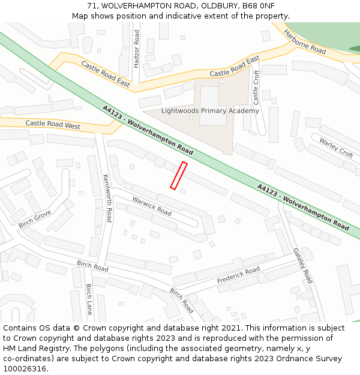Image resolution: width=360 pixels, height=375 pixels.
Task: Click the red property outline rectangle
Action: click(179, 176)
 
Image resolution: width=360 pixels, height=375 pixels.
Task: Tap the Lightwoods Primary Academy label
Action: click(210, 111)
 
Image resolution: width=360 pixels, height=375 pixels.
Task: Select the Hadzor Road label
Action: click(136, 48)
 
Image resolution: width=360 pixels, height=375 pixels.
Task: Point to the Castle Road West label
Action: click(53, 125)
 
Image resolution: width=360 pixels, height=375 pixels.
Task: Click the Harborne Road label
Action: click(304, 41)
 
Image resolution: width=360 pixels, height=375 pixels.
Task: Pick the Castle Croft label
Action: click(256, 86)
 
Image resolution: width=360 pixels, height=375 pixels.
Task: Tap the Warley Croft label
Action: click(336, 147)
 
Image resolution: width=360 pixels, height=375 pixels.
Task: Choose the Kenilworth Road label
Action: click(107, 198)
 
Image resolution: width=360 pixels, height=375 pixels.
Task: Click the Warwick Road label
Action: click(152, 205)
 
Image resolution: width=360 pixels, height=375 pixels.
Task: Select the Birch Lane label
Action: click(89, 299)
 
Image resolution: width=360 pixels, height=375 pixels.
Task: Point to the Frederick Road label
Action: click(238, 275)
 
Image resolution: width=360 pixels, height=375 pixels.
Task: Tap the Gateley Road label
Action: click(302, 265)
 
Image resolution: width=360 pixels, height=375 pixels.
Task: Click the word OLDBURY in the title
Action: click(215, 6)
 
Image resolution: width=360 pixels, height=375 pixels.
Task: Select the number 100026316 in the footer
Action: click(25, 368)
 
